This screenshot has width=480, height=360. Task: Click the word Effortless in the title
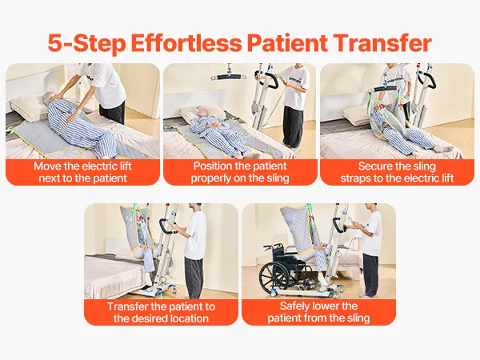[x=186, y=43]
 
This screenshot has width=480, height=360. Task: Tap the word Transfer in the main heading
[x=382, y=43]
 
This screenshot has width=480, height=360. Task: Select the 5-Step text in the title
[x=86, y=43]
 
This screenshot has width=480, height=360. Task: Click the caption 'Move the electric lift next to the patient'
[x=82, y=172]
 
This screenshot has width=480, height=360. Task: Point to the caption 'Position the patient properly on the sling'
[x=240, y=172]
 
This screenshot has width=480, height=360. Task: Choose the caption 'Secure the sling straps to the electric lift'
[x=397, y=172]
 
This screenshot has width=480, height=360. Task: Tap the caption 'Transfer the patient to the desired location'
[x=161, y=312]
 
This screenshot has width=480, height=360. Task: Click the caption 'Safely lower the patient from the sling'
[x=318, y=312]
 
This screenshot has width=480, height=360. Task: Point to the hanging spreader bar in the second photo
[x=230, y=77]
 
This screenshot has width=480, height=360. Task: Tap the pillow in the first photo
[x=26, y=107]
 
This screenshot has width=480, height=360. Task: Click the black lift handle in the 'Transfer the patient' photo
[x=166, y=226]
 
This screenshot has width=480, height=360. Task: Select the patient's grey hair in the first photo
[x=48, y=98]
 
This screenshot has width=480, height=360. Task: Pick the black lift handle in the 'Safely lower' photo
[x=338, y=225]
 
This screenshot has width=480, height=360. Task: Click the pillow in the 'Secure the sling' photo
[x=357, y=116]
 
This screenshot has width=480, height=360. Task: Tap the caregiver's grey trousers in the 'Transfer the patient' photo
[x=194, y=277]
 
